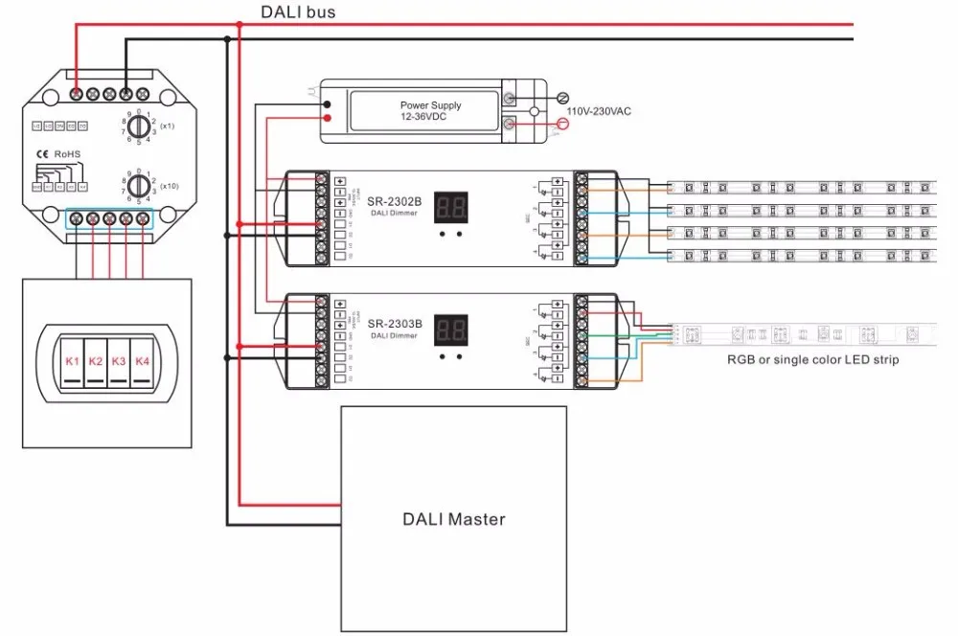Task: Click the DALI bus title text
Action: coord(298,12)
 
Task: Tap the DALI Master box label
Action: coord(452,519)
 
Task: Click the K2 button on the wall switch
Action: coord(96,362)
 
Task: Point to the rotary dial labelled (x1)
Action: coord(138,126)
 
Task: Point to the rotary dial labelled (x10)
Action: coord(138,184)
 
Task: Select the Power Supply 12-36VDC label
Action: coord(430,111)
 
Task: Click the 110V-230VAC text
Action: coord(598,111)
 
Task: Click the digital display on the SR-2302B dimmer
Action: coord(450,207)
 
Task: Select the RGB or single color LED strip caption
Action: coord(811,360)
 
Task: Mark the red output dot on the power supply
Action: coord(328,119)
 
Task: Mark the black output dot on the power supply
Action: coord(328,102)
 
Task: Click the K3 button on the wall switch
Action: coord(119,362)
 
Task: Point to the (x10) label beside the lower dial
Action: coord(169,185)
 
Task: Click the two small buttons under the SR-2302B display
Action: coord(450,233)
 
